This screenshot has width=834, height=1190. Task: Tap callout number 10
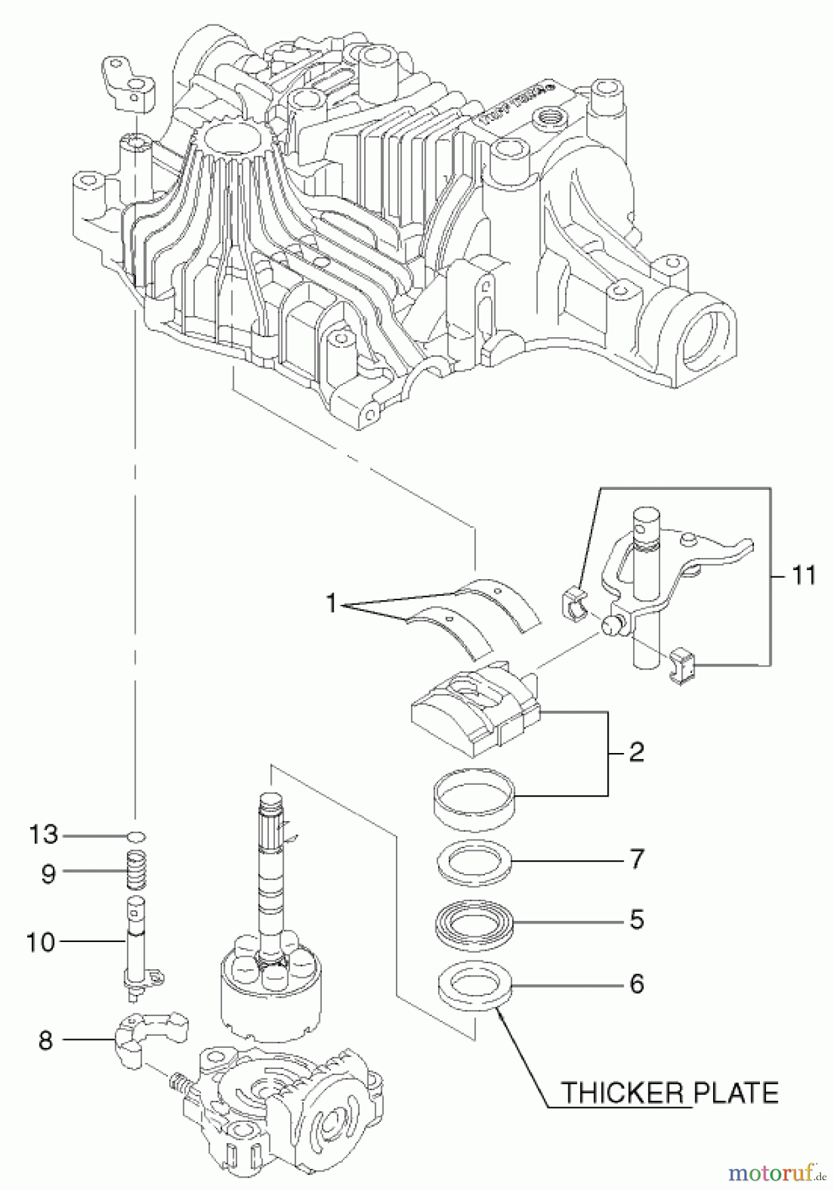point(41,941)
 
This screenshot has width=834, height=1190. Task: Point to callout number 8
point(44,1041)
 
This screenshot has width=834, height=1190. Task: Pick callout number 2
point(636,752)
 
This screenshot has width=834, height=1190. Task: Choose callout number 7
point(636,860)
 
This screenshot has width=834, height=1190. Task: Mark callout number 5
point(636,920)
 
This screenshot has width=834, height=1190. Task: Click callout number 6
point(636,984)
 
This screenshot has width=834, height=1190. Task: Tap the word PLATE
point(735,1093)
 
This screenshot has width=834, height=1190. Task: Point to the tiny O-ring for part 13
point(135,836)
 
